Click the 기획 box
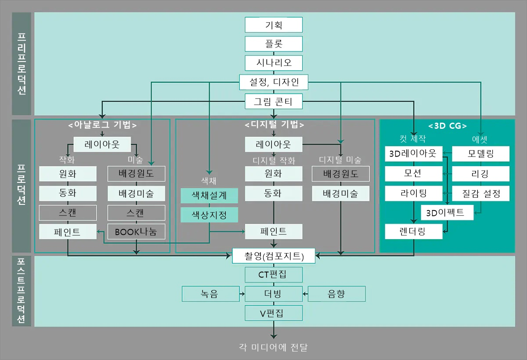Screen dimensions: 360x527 (x=274, y=25)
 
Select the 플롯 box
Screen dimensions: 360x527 (x=274, y=44)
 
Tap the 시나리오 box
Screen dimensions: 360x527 (x=274, y=63)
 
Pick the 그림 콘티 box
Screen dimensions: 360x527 (x=274, y=102)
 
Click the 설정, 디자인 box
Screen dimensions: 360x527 (x=274, y=82)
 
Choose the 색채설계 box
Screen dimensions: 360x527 (x=209, y=195)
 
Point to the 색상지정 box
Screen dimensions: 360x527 (x=209, y=215)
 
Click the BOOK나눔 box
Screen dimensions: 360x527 (x=136, y=232)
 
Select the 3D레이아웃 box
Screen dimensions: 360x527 (x=413, y=154)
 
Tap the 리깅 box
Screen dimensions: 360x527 (x=480, y=174)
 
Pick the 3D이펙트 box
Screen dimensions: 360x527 (x=448, y=213)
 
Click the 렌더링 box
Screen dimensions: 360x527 (x=413, y=231)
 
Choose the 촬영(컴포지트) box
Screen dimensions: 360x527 (x=274, y=255)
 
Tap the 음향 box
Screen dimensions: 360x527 (x=336, y=294)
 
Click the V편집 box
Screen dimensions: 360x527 (x=274, y=313)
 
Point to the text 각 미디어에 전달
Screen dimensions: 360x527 (x=274, y=347)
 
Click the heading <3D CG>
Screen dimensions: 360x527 (x=447, y=125)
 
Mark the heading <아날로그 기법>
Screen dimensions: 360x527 (x=102, y=125)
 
